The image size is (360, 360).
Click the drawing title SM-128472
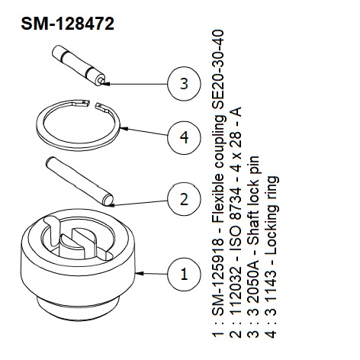(67, 24)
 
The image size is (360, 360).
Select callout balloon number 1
(184, 274)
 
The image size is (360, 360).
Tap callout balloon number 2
(184, 199)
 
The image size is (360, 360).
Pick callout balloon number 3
(184, 83)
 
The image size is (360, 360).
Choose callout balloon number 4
(184, 137)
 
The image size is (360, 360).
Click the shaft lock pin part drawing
(79, 66)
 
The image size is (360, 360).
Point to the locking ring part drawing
(78, 125)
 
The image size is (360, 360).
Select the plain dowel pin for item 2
(79, 181)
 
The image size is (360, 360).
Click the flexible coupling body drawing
(78, 265)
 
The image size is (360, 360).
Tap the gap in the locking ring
(93, 104)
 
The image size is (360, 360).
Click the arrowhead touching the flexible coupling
(140, 273)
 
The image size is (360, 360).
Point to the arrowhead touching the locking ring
(124, 129)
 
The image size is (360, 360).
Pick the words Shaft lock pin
(253, 198)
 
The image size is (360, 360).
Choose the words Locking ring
(272, 216)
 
